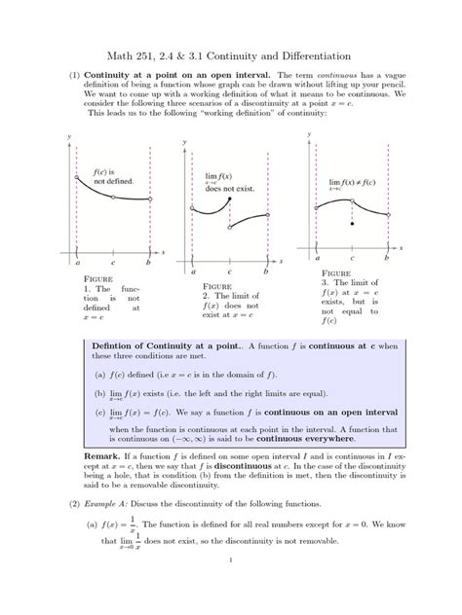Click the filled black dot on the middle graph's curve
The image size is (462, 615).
(228, 199)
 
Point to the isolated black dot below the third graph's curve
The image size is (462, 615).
(352, 224)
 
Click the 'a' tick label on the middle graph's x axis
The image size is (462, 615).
(193, 273)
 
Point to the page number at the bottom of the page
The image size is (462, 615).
(231, 587)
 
